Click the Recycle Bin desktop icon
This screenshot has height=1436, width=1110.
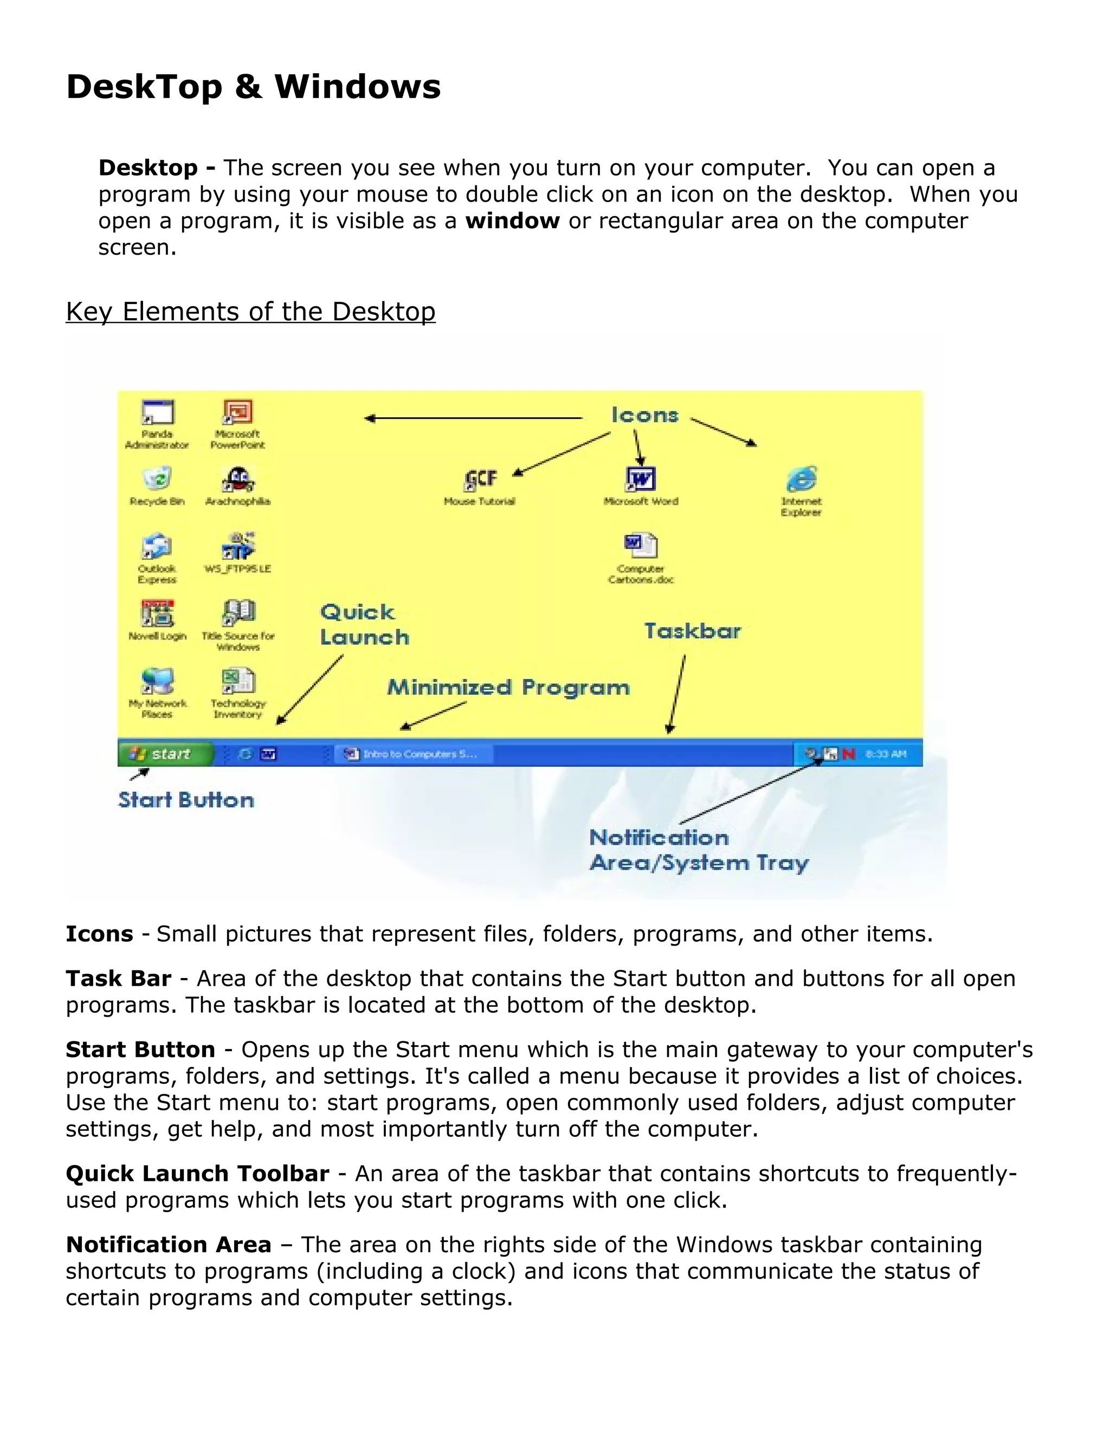tap(157, 480)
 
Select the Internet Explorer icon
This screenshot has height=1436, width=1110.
tap(801, 480)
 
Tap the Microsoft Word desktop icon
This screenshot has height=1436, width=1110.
tap(641, 480)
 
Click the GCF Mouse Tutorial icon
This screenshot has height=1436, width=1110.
tap(480, 480)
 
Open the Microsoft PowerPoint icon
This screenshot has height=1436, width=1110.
tap(237, 413)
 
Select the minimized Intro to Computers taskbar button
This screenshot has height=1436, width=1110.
tap(414, 754)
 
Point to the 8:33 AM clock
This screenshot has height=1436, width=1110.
tap(886, 754)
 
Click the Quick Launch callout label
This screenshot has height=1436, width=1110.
tap(364, 625)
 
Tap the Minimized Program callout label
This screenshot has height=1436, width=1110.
tap(508, 688)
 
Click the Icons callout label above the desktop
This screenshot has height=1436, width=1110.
tap(644, 415)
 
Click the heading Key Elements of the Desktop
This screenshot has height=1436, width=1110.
tap(250, 312)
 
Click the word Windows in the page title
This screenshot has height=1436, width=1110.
tap(358, 87)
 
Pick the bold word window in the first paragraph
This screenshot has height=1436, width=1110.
tap(512, 221)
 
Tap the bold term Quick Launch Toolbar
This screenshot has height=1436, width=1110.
tap(197, 1174)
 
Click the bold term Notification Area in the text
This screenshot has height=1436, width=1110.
tap(169, 1245)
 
